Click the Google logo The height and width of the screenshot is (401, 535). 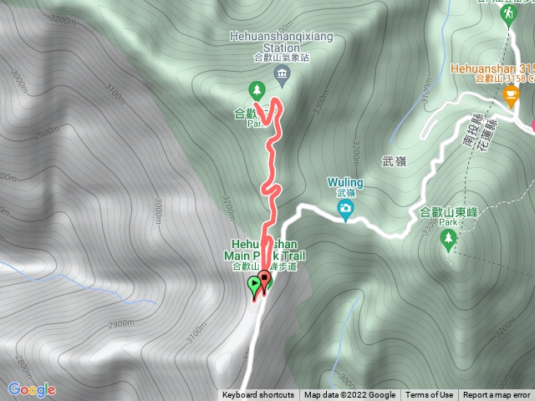[32, 389]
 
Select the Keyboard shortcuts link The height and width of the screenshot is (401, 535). [258, 395]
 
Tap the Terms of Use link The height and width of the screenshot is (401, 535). [430, 395]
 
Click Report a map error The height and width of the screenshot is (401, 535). [497, 395]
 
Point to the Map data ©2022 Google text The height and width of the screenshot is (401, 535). [349, 395]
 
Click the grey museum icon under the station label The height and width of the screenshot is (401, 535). [282, 78]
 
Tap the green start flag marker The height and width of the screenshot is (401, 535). [254, 287]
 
